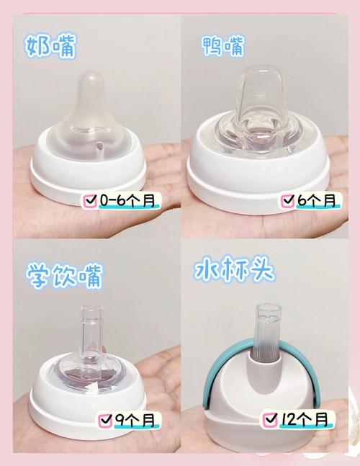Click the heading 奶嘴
(52, 48)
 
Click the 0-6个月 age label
(128, 199)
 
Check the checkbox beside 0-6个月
(91, 199)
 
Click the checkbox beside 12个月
(271, 418)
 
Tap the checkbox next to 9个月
(105, 418)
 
